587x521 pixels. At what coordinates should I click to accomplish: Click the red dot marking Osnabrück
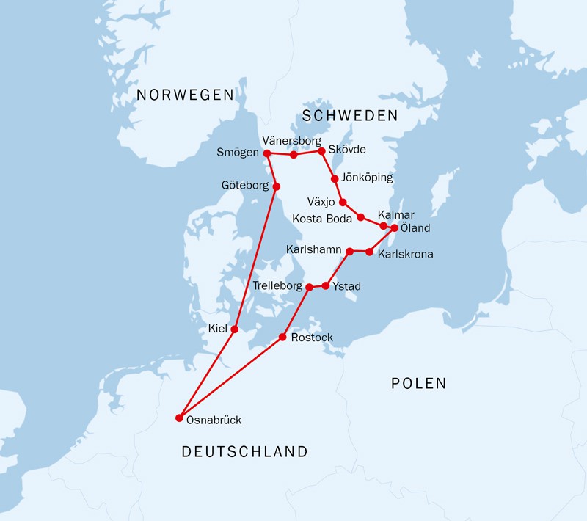179,418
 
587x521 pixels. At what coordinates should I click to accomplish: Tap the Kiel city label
218,330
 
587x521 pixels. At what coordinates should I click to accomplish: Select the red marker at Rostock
282,338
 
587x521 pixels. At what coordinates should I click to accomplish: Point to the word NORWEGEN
185,95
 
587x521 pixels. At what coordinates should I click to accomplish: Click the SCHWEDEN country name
350,116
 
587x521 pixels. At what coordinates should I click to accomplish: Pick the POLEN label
418,383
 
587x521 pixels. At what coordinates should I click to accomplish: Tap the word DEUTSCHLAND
244,452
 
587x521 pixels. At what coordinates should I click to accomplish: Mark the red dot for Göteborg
277,186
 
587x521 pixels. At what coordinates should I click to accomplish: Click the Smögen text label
238,153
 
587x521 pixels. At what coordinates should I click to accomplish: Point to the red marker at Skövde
321,151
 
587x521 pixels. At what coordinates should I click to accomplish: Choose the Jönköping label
368,178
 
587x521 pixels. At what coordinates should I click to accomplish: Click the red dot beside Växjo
343,202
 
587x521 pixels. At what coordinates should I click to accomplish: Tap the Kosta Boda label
323,218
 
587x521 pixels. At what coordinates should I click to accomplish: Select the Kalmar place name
395,214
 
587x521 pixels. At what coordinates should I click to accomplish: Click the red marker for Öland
394,228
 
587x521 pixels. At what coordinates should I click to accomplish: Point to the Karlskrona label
405,255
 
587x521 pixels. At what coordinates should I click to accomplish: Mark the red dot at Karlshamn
349,252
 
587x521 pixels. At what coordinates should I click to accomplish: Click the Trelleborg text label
277,285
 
